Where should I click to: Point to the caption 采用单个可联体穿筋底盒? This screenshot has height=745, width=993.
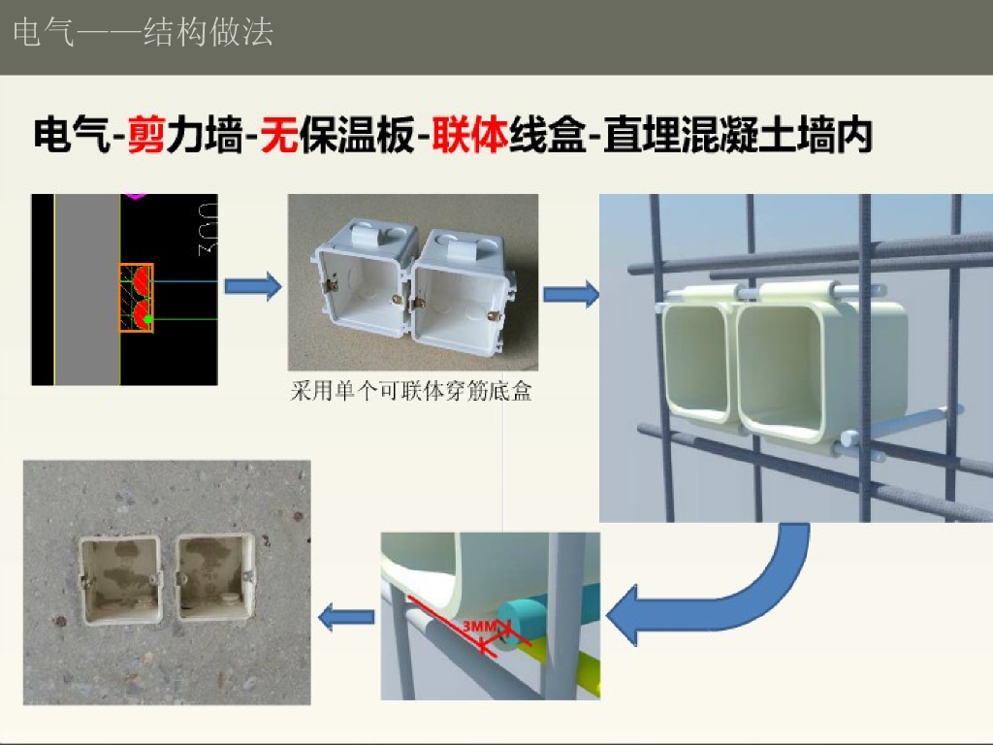412,392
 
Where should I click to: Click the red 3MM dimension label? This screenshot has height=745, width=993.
480,628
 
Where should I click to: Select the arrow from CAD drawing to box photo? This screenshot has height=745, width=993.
253,286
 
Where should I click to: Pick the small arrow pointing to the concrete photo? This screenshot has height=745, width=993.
347,616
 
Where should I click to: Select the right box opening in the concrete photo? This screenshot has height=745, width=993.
213,580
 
